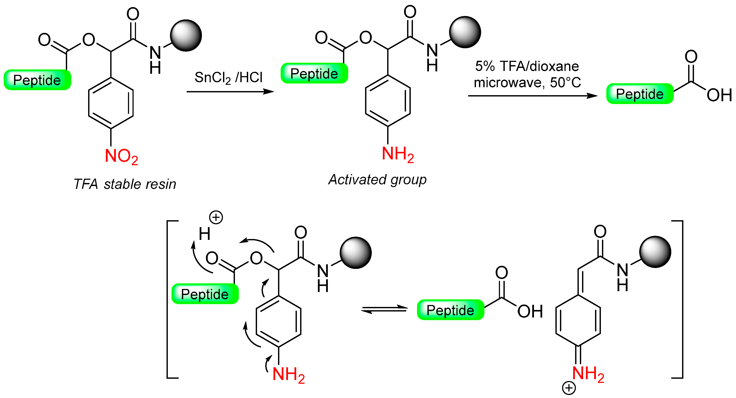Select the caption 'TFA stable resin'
[125, 184]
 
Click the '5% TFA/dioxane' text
[527, 66]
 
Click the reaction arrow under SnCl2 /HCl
[230, 92]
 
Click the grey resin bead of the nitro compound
[186, 35]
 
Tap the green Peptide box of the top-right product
[640, 94]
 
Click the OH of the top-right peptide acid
[719, 95]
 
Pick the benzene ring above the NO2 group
[111, 103]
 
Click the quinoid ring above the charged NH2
[578, 320]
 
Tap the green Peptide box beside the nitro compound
[37, 80]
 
